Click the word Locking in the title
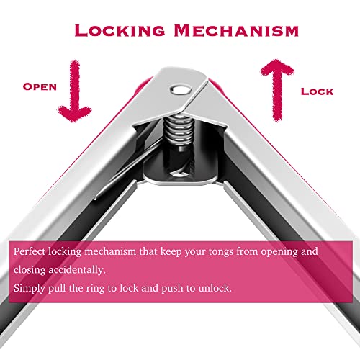click(x=120, y=30)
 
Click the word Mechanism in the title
click(x=236, y=30)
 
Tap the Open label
click(x=40, y=86)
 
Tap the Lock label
click(x=318, y=91)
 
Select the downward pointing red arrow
click(x=75, y=91)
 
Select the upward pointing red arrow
click(x=278, y=90)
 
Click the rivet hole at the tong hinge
click(x=181, y=90)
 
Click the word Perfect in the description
click(x=30, y=251)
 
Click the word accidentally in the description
click(x=77, y=270)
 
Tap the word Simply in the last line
click(x=29, y=288)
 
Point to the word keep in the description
click(x=171, y=252)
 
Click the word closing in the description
click(x=30, y=270)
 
